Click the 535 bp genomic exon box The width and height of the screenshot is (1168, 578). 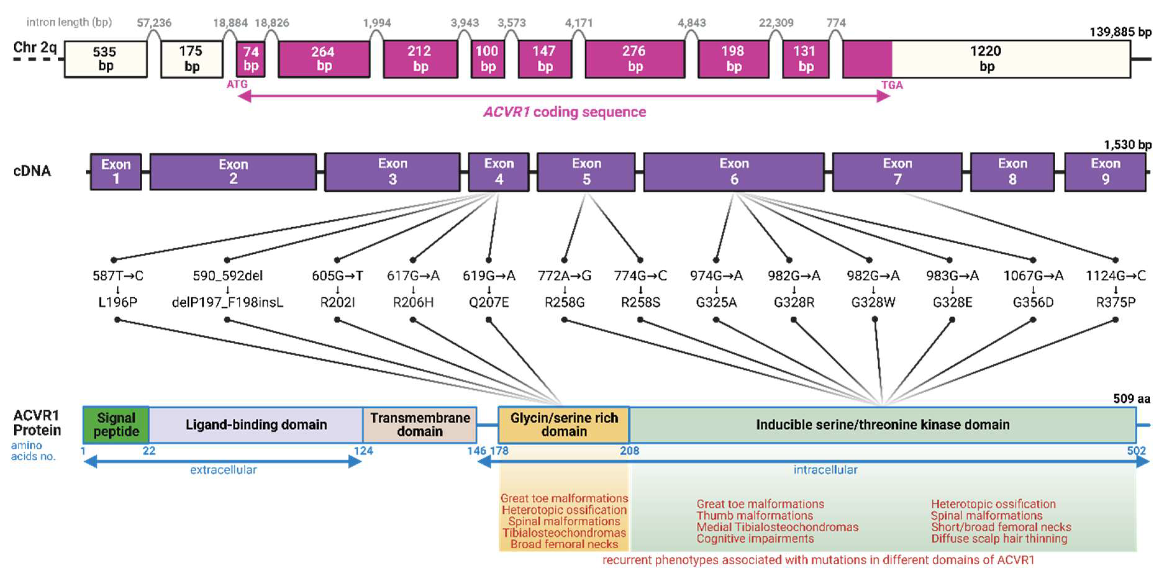(x=105, y=59)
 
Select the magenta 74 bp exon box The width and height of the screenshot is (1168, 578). (x=251, y=59)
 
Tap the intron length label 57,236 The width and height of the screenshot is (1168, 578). (x=154, y=23)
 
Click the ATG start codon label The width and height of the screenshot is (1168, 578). (x=237, y=84)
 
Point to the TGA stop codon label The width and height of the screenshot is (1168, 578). (x=892, y=85)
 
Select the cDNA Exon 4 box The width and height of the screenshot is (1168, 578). (x=499, y=172)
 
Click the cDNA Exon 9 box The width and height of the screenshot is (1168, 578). (x=1105, y=172)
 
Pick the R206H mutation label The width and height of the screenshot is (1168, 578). (x=413, y=302)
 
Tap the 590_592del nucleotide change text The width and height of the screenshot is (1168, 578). (x=228, y=276)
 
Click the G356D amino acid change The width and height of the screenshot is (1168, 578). (x=1033, y=302)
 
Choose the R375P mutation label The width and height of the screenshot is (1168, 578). (x=1116, y=302)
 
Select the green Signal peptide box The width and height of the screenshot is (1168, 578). (x=116, y=425)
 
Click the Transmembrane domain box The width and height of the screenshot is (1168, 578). (x=420, y=425)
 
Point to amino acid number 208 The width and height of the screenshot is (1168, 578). (x=629, y=451)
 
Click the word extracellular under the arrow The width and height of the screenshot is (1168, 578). (x=223, y=470)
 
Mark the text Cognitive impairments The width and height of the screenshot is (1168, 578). (x=755, y=539)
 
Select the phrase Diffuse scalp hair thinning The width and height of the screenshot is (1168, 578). (x=999, y=539)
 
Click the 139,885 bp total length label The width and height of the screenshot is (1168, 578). (x=1120, y=32)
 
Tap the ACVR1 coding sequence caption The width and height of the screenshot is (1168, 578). (x=564, y=112)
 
